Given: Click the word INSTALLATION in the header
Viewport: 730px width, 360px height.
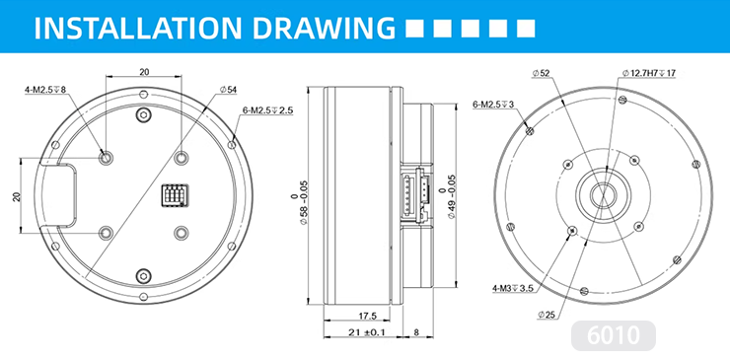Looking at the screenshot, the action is pos(139,28).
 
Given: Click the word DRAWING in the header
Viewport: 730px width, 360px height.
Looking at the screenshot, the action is pos(324,28).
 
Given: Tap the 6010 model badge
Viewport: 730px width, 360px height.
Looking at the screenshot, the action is pos(614,335).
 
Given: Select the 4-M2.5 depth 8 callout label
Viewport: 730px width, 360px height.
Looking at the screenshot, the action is pos(45,90).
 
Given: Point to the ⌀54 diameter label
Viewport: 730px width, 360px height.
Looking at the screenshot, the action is pos(228,90).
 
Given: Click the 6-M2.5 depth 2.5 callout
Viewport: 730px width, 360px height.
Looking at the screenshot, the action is pos(267,110).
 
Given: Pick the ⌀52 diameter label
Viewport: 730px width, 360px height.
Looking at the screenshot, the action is pos(543,73).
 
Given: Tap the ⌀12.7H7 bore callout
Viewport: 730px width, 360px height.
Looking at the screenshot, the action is pos(649,73).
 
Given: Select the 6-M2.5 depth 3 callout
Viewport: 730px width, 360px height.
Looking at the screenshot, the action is pos(493,105).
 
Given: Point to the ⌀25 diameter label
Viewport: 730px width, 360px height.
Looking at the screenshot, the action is pos(547,316).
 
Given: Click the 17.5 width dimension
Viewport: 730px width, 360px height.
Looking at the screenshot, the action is pos(367,316).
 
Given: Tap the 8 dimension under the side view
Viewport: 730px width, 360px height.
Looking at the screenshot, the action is pos(415,332).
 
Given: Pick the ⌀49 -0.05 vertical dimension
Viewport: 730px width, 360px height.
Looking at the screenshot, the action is pos(447,196).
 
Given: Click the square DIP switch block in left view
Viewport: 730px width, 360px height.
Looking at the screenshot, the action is pos(175,194).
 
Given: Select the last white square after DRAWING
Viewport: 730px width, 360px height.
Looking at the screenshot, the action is pos(526,28).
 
